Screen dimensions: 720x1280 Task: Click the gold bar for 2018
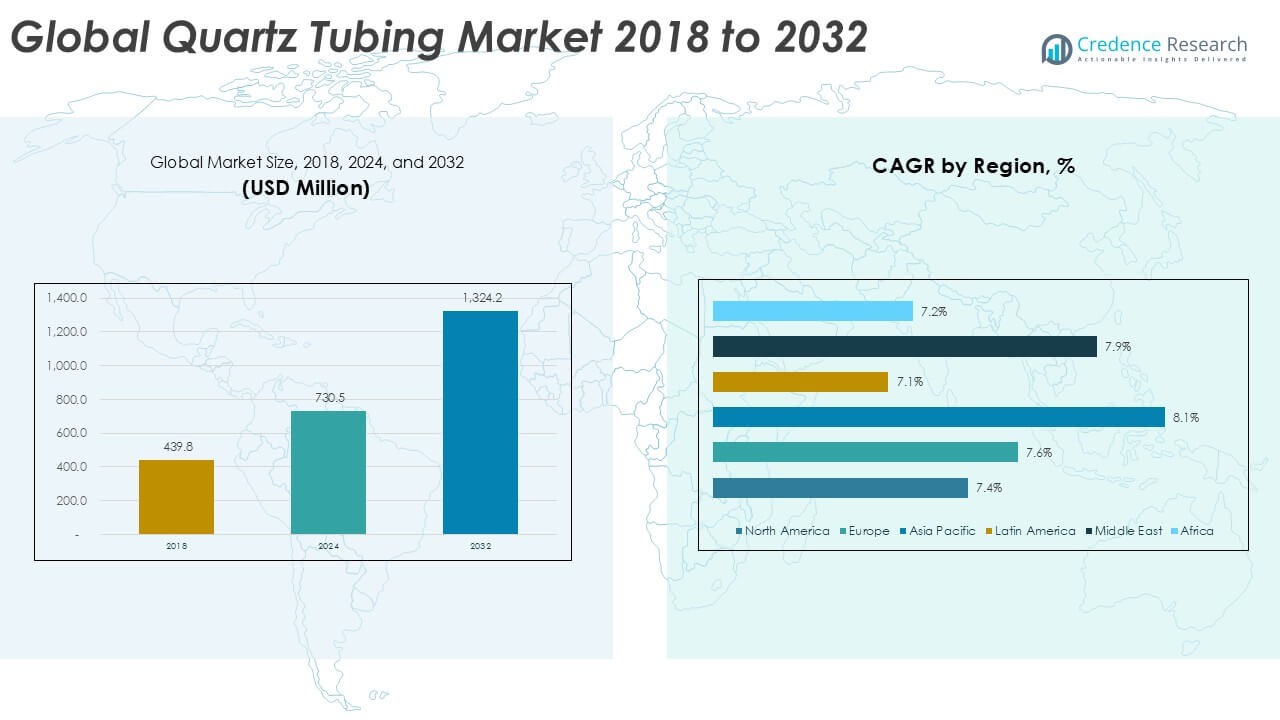(x=176, y=496)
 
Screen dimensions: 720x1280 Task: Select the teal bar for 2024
(x=328, y=472)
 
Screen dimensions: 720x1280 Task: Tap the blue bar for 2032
(x=480, y=422)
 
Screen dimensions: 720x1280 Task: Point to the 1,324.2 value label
(x=480, y=297)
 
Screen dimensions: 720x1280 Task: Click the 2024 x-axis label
(x=328, y=547)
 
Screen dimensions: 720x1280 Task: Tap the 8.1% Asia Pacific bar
(x=938, y=417)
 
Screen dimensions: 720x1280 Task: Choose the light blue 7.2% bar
(x=812, y=311)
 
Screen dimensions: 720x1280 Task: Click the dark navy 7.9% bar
(x=904, y=346)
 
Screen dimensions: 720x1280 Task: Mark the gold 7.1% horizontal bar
(x=800, y=382)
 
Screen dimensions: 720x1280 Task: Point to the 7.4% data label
(x=989, y=488)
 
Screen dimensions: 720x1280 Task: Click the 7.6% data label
(x=1039, y=453)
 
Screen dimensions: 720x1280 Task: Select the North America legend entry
(x=783, y=531)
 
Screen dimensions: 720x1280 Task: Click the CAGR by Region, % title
(x=973, y=166)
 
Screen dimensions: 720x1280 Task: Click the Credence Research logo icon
(x=1056, y=49)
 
